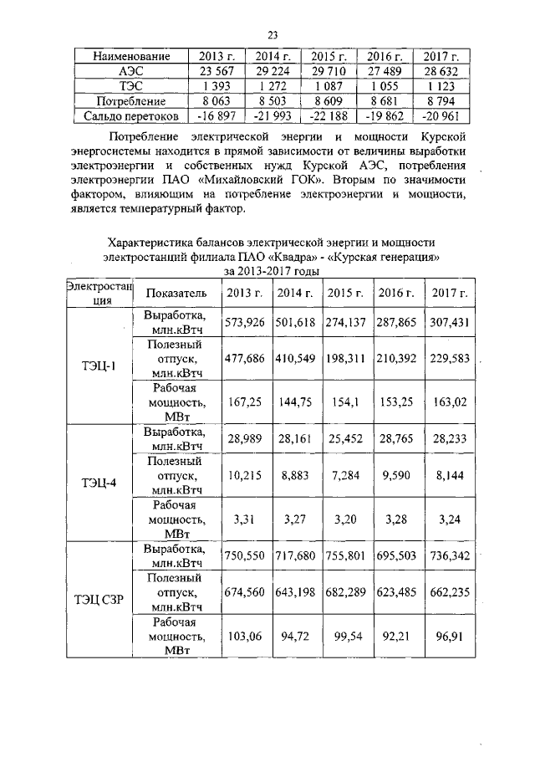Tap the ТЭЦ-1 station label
pyautogui.click(x=99, y=366)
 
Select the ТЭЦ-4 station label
pyautogui.click(x=99, y=483)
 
